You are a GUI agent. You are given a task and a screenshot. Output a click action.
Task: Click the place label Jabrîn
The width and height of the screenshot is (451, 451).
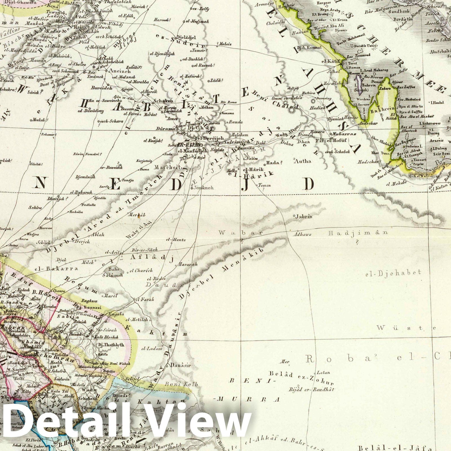point(304,217)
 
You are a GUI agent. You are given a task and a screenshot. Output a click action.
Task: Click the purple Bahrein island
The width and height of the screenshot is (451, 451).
point(358,81)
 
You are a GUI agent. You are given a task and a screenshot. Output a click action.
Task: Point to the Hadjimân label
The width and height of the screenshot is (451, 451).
point(357,233)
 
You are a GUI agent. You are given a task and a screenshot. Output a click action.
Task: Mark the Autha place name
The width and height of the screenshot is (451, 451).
point(302,161)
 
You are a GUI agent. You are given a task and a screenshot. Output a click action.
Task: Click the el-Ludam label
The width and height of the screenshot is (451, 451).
point(152,348)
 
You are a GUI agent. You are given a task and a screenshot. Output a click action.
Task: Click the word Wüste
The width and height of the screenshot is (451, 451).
point(407,328)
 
